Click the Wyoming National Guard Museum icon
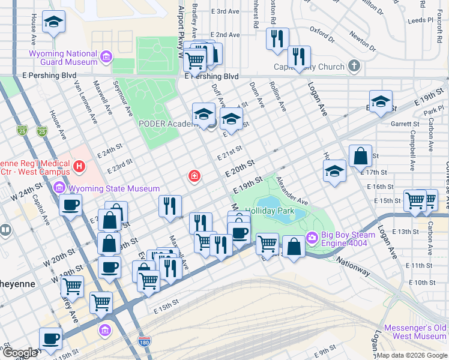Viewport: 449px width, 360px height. [x=106, y=57]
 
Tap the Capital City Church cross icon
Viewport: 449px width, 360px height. [x=354, y=66]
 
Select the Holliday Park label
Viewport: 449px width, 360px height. [x=270, y=211]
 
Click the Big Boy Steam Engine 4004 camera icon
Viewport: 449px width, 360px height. [x=312, y=238]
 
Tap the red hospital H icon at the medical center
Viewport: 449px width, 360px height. [x=77, y=165]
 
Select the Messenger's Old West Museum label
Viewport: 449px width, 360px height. [x=415, y=332]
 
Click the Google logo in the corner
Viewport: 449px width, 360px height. [x=20, y=353]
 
